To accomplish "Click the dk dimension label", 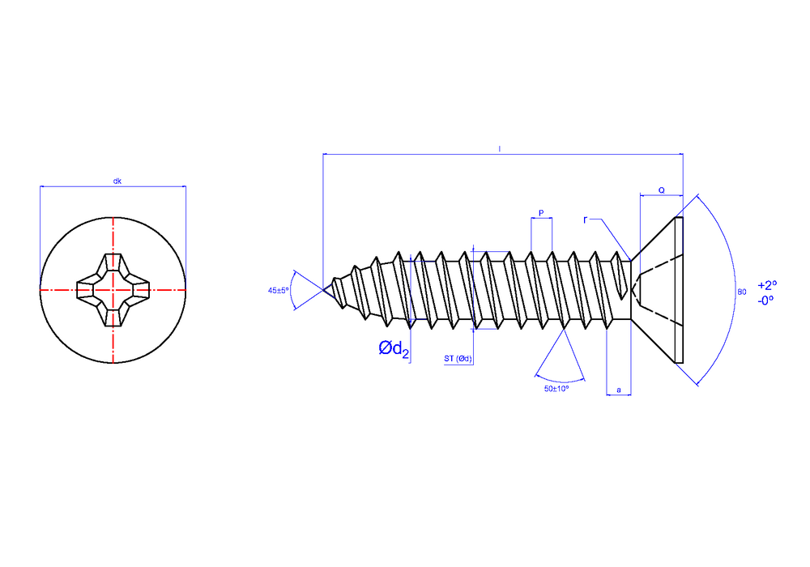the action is pyautogui.click(x=117, y=181).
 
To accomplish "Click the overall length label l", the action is pyautogui.click(x=500, y=149).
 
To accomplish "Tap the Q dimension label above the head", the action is pyautogui.click(x=661, y=190).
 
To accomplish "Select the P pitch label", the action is pyautogui.click(x=541, y=213).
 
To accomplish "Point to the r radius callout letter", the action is pyautogui.click(x=586, y=220).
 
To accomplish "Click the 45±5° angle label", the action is pyautogui.click(x=279, y=290).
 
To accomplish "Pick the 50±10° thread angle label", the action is pyautogui.click(x=556, y=388).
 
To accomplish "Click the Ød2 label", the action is pyautogui.click(x=394, y=349).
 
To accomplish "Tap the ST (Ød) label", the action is pyautogui.click(x=458, y=358).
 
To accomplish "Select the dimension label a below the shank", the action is pyautogui.click(x=619, y=390).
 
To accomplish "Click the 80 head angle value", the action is pyautogui.click(x=742, y=292).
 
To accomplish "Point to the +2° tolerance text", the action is pyautogui.click(x=767, y=285).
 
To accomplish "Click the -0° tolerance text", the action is pyautogui.click(x=765, y=301).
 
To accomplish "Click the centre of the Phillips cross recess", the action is pyautogui.click(x=113, y=290).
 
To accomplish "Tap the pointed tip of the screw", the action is pyautogui.click(x=323, y=290).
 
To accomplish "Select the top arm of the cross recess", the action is pyautogui.click(x=113, y=264).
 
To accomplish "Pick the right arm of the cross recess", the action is pyautogui.click(x=138, y=290).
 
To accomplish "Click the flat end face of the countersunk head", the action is pyautogui.click(x=680, y=290).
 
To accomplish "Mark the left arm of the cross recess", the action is pyautogui.click(x=87, y=290).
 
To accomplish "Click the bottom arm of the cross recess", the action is pyautogui.click(x=113, y=316).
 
